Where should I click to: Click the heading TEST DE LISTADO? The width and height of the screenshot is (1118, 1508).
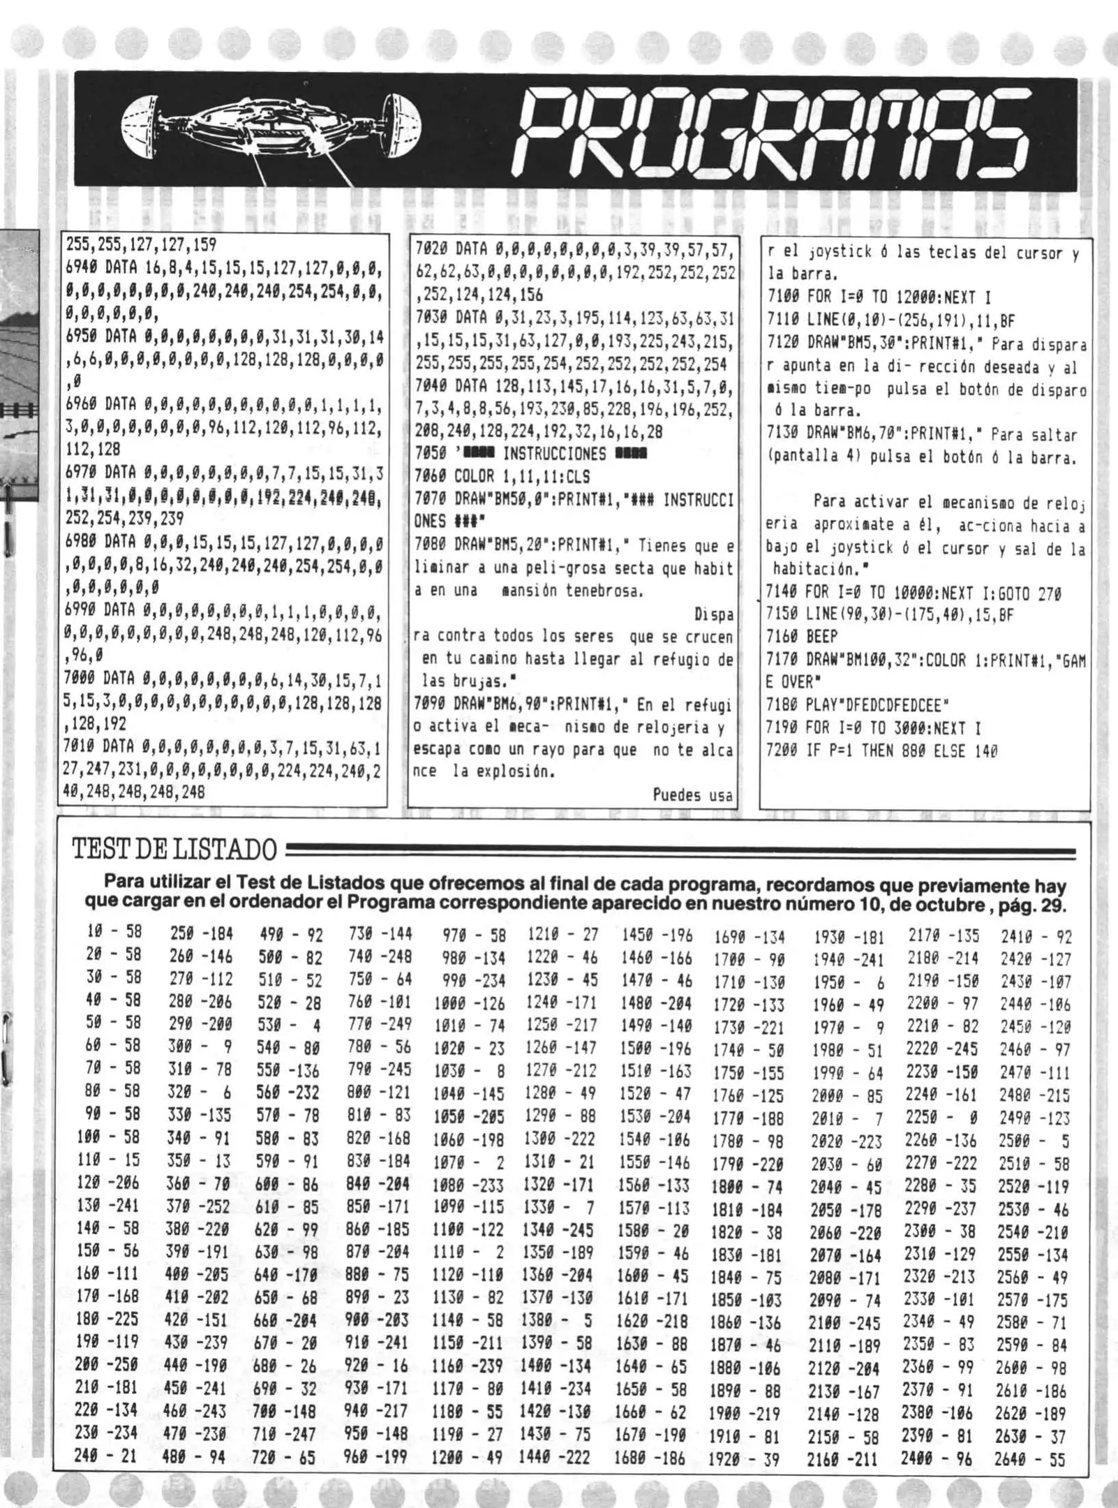174,850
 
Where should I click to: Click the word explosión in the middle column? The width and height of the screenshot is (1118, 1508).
512,773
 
